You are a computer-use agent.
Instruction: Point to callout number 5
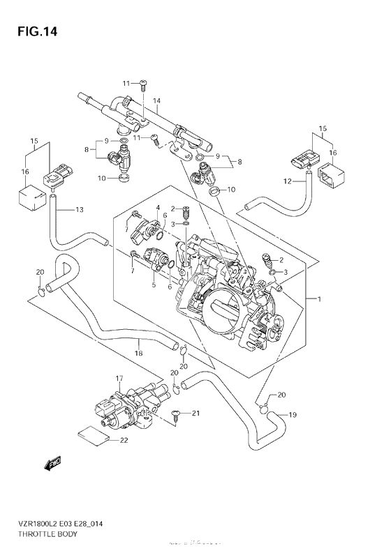[x=153, y=284]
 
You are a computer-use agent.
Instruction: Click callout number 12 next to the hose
[x=286, y=182]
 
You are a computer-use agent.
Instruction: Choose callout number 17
[x=119, y=379]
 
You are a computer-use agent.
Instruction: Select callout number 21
[x=196, y=414]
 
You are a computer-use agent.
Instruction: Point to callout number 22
[x=124, y=439]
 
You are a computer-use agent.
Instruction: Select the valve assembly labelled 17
[x=129, y=409]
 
